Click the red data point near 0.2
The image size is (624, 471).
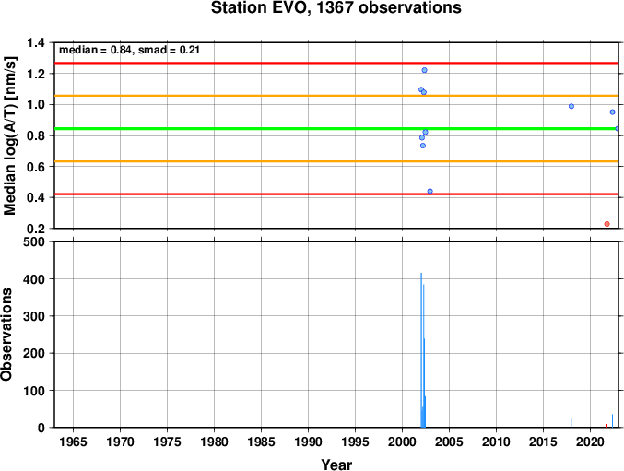606,224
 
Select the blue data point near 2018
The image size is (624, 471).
571,106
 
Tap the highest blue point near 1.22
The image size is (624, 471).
424,70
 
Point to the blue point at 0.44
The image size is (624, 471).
430,192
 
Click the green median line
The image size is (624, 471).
336,128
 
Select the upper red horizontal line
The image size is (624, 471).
336,63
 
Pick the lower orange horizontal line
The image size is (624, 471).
336,161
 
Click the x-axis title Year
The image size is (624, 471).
336,465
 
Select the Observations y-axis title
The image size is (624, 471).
6,335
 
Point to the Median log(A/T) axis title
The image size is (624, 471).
10,136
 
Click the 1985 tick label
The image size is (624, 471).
261,442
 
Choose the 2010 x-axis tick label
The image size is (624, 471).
496,442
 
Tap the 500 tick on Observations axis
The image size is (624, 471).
35,241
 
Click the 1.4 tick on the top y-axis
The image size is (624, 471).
37,42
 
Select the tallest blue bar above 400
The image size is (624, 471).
421,350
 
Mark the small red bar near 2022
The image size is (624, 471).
606,426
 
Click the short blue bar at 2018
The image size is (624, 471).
571,422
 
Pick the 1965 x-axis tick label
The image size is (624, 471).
73,442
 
